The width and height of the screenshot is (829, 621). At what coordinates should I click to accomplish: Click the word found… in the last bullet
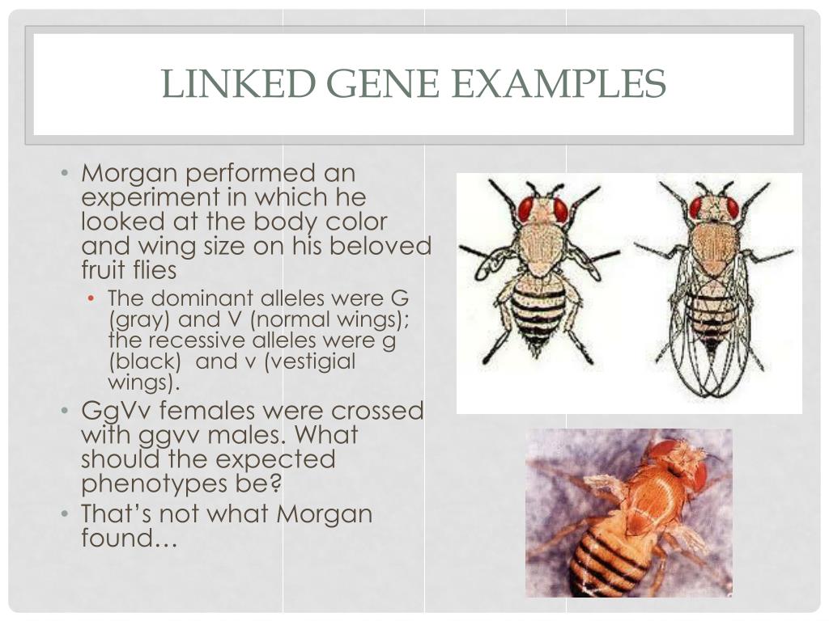(128, 538)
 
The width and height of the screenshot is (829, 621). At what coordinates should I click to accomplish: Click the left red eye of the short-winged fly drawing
(526, 209)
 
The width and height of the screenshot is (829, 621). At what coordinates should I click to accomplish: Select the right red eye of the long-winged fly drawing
(733, 208)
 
